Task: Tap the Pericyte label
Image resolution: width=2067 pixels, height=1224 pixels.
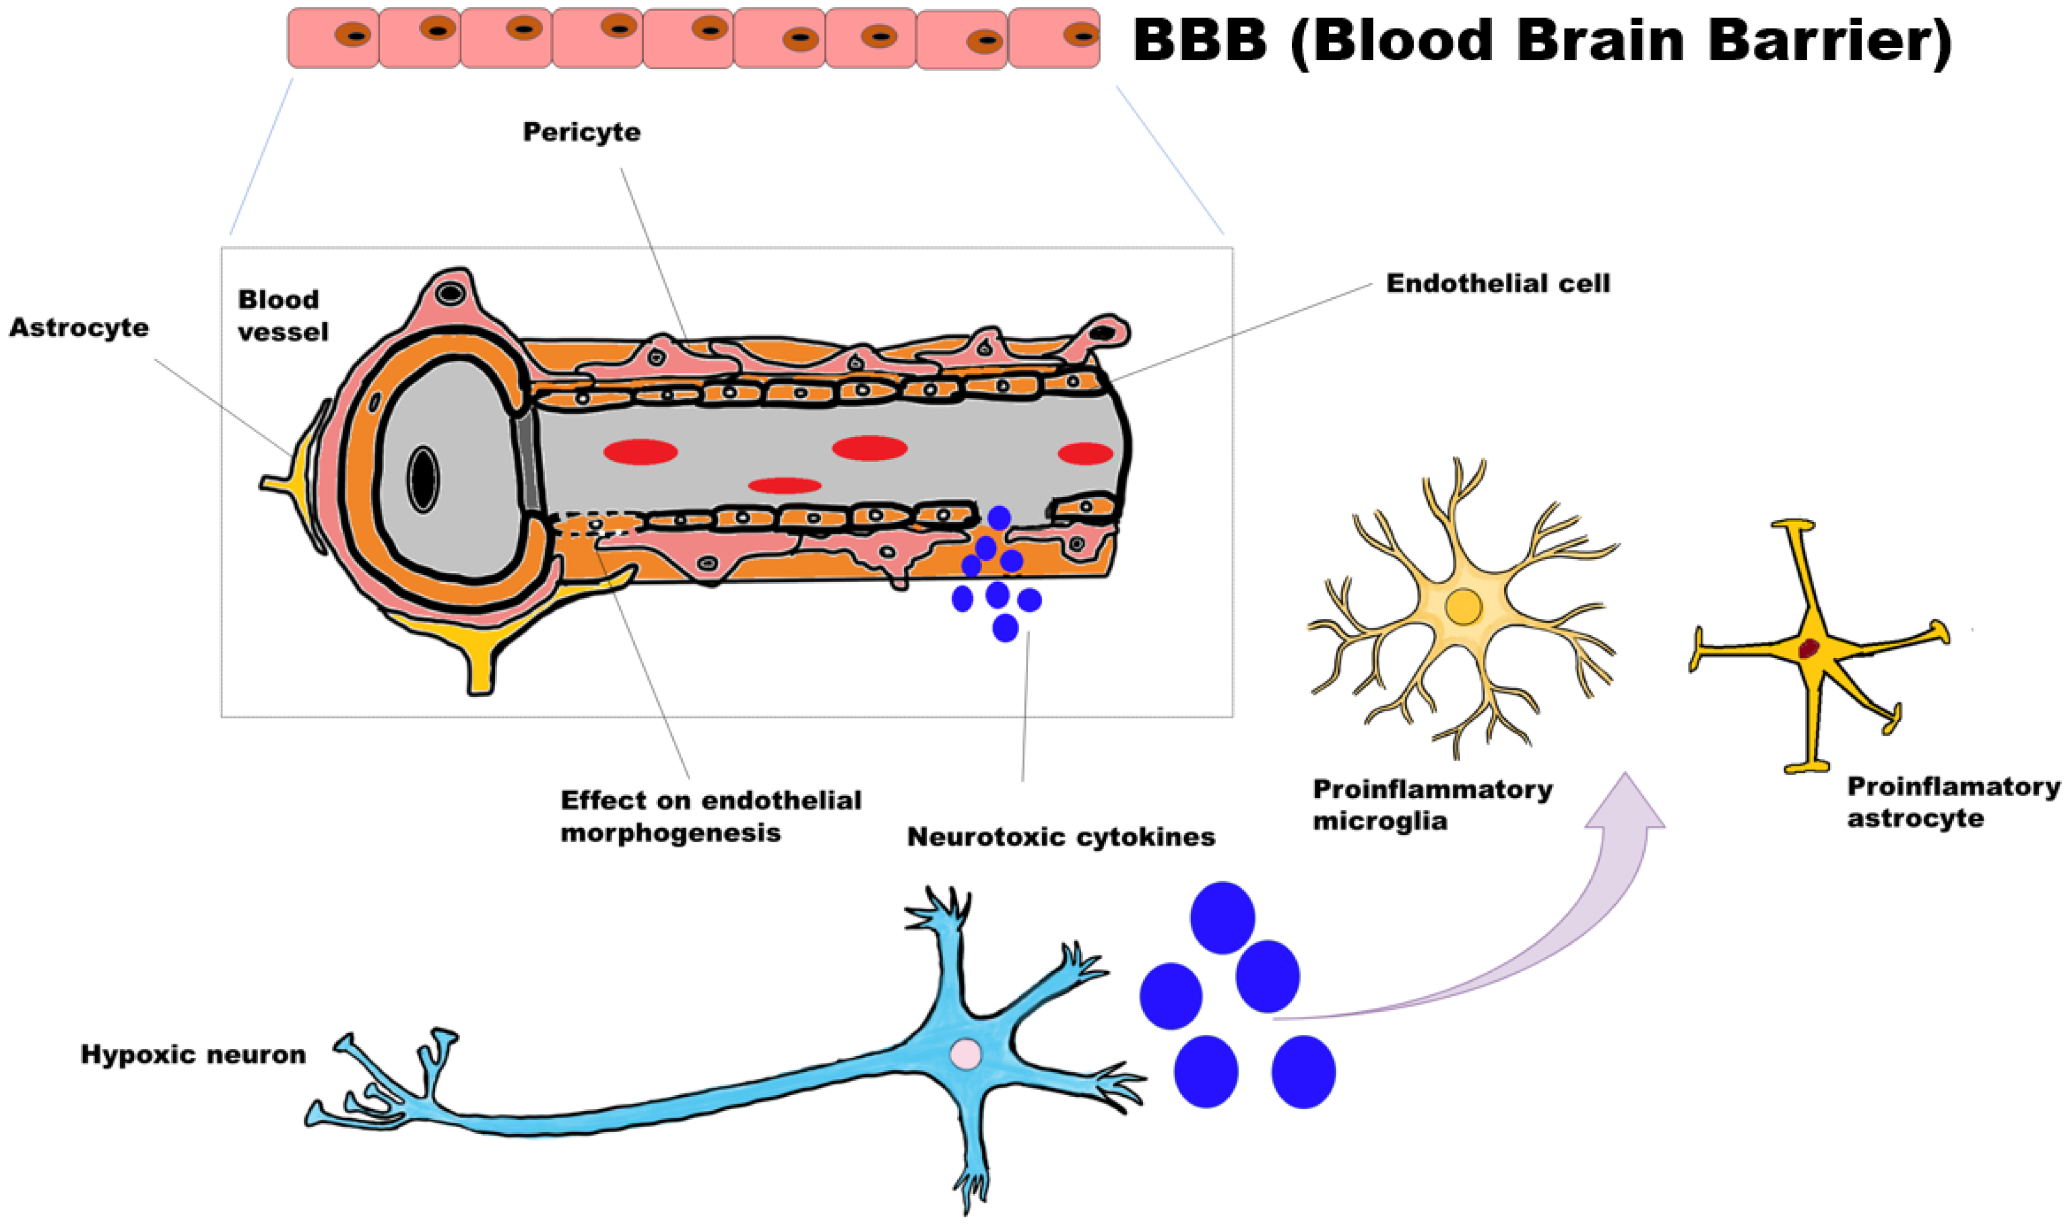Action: [x=582, y=132]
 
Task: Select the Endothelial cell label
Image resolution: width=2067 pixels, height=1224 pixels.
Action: [x=1497, y=284]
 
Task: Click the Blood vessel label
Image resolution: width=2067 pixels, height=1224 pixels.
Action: [x=283, y=315]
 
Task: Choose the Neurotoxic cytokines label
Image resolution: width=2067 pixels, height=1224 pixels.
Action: [x=1061, y=837]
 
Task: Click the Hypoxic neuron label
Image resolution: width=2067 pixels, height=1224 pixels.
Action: [x=193, y=1055]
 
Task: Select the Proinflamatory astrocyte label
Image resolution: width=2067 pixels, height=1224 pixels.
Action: [x=1953, y=802]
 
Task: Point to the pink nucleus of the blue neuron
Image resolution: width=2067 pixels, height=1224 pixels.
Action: [x=966, y=1054]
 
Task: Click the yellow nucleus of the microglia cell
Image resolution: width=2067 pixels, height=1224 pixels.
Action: [x=1464, y=607]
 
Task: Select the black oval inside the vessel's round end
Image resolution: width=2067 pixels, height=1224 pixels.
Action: [x=423, y=479]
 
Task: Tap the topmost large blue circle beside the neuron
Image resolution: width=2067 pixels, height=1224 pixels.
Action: [x=1222, y=918]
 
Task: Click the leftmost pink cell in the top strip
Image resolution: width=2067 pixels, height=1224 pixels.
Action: [x=334, y=38]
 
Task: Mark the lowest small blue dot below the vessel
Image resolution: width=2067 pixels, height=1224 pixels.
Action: [x=1005, y=628]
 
